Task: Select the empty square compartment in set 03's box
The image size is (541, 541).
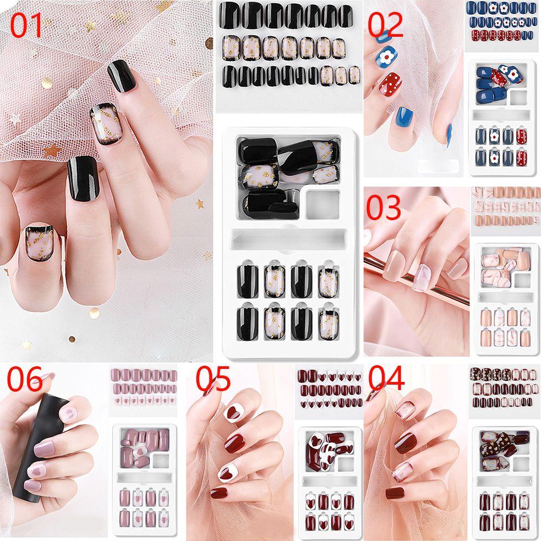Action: point(522,280)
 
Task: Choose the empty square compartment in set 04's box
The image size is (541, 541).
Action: point(521,464)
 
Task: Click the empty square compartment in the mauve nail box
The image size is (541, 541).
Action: point(161,460)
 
